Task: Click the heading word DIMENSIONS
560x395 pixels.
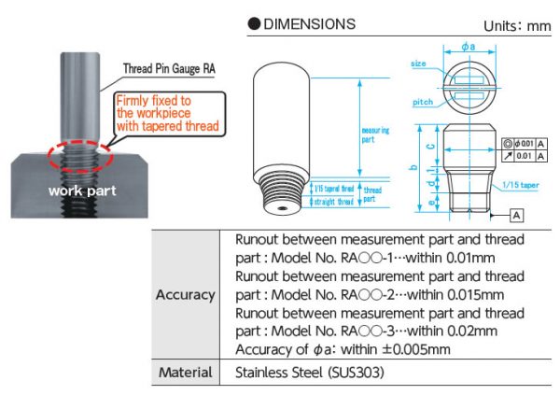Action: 310,22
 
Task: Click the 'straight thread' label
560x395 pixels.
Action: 331,202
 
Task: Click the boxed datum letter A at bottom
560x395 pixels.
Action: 516,215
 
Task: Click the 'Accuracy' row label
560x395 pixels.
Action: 185,295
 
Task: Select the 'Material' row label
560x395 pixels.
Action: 185,372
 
